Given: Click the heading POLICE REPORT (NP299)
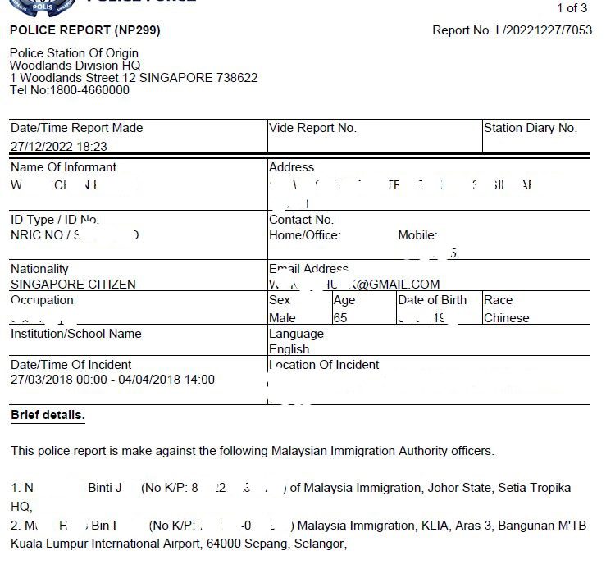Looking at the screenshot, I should pos(84,30).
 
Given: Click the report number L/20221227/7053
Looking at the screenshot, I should pos(542,30).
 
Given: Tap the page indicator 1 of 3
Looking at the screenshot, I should pos(572,8).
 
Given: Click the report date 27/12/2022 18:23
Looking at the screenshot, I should pos(58,147).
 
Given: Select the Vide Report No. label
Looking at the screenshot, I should pos(312,128).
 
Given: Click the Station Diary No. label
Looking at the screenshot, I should pos(530,128).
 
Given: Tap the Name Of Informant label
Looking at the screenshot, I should pos(63,167).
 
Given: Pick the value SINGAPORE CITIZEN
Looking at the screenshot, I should pos(73,284).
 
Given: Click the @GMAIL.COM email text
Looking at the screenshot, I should pos(398,284).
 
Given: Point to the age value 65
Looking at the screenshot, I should pos(340,318).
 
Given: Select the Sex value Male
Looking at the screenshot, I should pos(282,318).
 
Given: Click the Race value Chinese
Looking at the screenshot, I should pos(506,318).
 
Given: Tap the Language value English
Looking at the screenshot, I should pos(289,349).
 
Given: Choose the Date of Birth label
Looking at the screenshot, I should pos(432,300).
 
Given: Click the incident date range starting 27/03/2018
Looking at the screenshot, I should pos(112,380).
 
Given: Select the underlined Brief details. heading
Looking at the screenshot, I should pos(48,415).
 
